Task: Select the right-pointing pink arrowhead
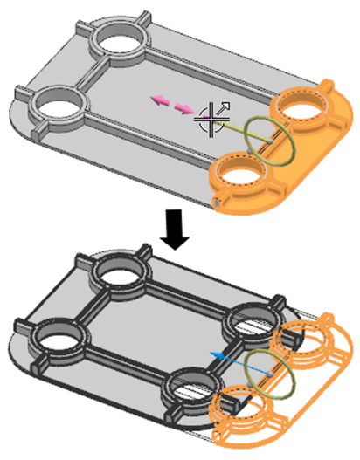point(184,108)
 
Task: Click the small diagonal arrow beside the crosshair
point(224,107)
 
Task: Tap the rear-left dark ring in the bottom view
point(122,278)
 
